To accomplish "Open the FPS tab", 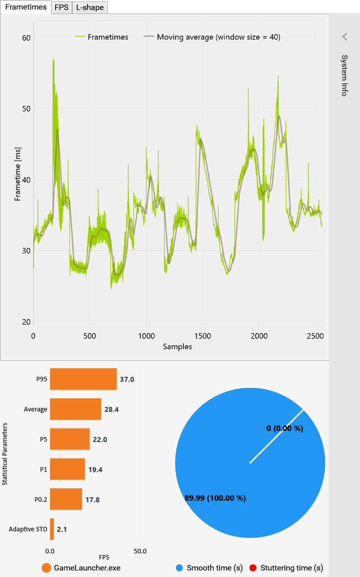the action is point(61,8).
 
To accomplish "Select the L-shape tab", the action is point(90,8).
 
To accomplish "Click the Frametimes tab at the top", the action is point(26,7).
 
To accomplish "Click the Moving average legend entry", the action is point(212,37).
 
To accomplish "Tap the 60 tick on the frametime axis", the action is point(26,38).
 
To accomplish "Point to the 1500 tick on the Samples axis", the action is point(203,336).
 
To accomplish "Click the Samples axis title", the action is point(177,347).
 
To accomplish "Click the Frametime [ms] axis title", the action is point(17,174).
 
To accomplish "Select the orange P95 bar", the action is point(83,379).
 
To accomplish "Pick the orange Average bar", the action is point(76,409).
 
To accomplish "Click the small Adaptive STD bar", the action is point(52,529).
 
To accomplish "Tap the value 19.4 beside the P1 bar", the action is point(95,470).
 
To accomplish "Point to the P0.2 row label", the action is point(41,499).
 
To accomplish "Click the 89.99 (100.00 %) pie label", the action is point(215,498).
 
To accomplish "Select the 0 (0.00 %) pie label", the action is point(285,428).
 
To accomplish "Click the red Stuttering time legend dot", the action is point(253,568).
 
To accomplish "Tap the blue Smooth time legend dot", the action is point(179,568).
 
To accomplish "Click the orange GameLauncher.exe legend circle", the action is point(46,568).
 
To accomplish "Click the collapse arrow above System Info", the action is point(344,37).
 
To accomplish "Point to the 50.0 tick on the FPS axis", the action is point(140,551).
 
